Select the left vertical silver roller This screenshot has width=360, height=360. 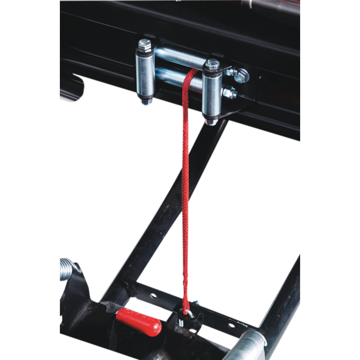(x=145, y=74)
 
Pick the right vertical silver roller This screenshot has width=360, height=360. (x=210, y=94)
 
